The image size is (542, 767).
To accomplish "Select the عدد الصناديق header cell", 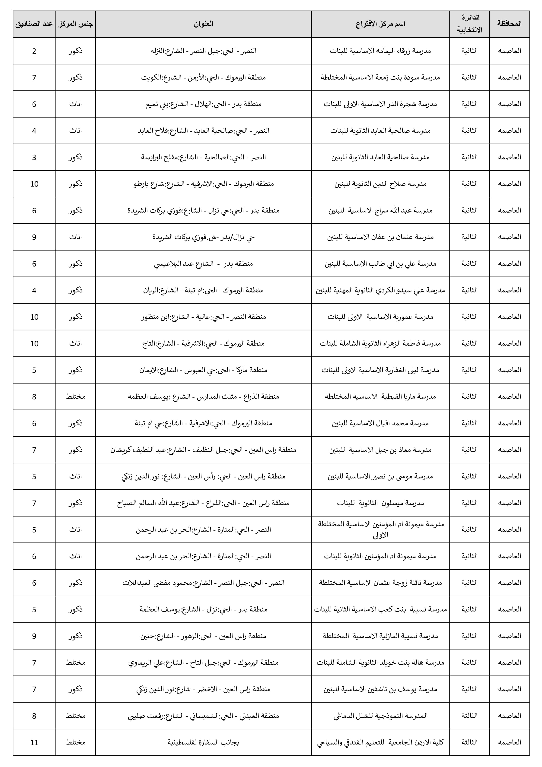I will pos(34,24).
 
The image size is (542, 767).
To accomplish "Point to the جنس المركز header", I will pos(76,24).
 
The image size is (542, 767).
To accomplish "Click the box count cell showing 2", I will pos(34,51).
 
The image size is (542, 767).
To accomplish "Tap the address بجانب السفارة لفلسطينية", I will pos(203,742).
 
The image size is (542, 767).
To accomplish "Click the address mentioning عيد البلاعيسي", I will pos(203,263).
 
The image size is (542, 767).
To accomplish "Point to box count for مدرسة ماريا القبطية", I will pos(34,397).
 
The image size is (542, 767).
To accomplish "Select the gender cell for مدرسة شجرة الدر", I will pos(76,104).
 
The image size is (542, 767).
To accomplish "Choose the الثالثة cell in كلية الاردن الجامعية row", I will pos(469,742).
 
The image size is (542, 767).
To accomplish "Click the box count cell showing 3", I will pos(34,157).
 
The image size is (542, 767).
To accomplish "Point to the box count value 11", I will pos(34,742).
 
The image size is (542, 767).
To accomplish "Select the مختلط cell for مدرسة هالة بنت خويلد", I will pos(76,662).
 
